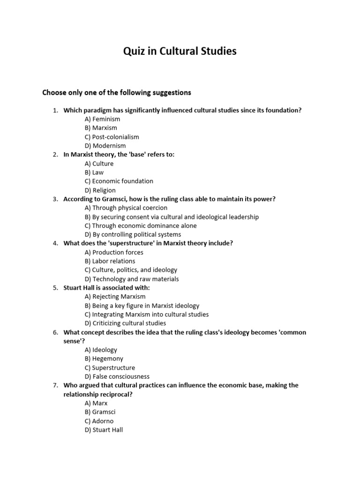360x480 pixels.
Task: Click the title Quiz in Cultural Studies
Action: coord(180,52)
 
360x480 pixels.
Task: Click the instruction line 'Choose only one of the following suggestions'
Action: coord(117,92)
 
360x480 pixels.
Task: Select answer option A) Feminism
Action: coord(102,119)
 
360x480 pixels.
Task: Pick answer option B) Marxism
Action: coord(101,128)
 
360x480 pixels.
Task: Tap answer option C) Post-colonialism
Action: coord(112,137)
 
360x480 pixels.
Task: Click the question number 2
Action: coord(55,155)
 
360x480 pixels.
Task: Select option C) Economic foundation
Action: coord(119,181)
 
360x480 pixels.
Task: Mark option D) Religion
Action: coord(100,190)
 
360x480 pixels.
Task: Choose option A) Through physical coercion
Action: coord(126,208)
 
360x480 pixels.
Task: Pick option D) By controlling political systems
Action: coord(133,234)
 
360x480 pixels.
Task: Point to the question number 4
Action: coord(55,243)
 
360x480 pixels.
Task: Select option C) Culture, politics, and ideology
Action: coord(131,270)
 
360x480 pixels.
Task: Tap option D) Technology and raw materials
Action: coord(131,279)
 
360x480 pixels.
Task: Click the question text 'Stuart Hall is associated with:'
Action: coord(106,288)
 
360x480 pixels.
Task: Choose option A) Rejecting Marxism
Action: coord(115,296)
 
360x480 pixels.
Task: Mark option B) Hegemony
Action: coord(104,359)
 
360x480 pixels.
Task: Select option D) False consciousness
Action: coord(117,376)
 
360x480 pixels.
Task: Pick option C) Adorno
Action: coord(99,421)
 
